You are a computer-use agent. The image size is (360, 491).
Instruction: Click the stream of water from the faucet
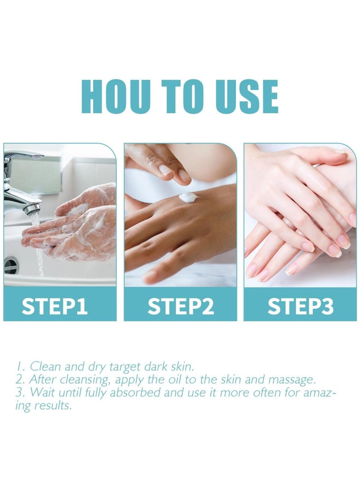[x=40, y=252]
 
